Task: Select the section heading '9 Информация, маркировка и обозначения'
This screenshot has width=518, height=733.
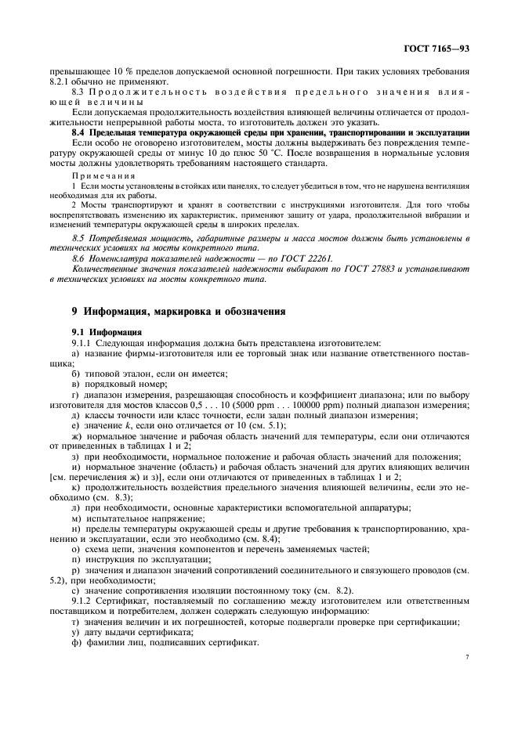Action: (178, 312)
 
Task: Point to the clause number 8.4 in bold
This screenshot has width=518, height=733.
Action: (79, 132)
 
